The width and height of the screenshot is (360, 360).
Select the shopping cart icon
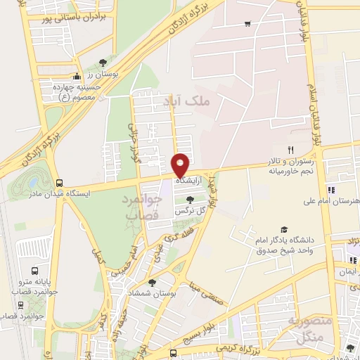pos(247,24)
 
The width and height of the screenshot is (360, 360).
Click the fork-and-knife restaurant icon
pos(290,150)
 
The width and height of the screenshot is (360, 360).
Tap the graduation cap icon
pos(284,230)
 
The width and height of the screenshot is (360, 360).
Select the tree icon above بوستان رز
pos(104,63)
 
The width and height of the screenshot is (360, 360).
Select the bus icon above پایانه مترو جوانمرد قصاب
pos(35,271)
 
